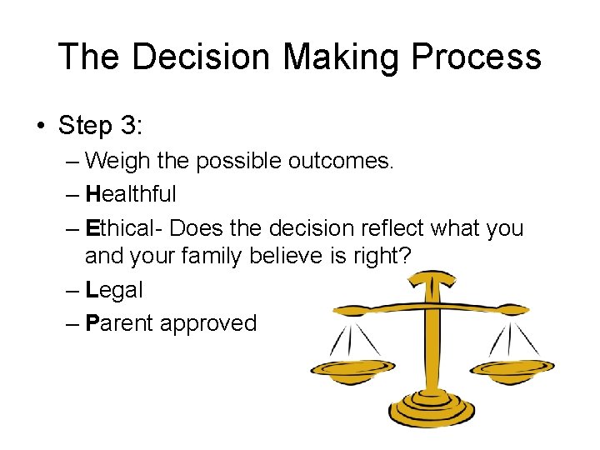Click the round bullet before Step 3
(x=40, y=127)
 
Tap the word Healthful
(x=131, y=194)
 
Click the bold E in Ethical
(x=92, y=228)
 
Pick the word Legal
(x=114, y=290)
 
